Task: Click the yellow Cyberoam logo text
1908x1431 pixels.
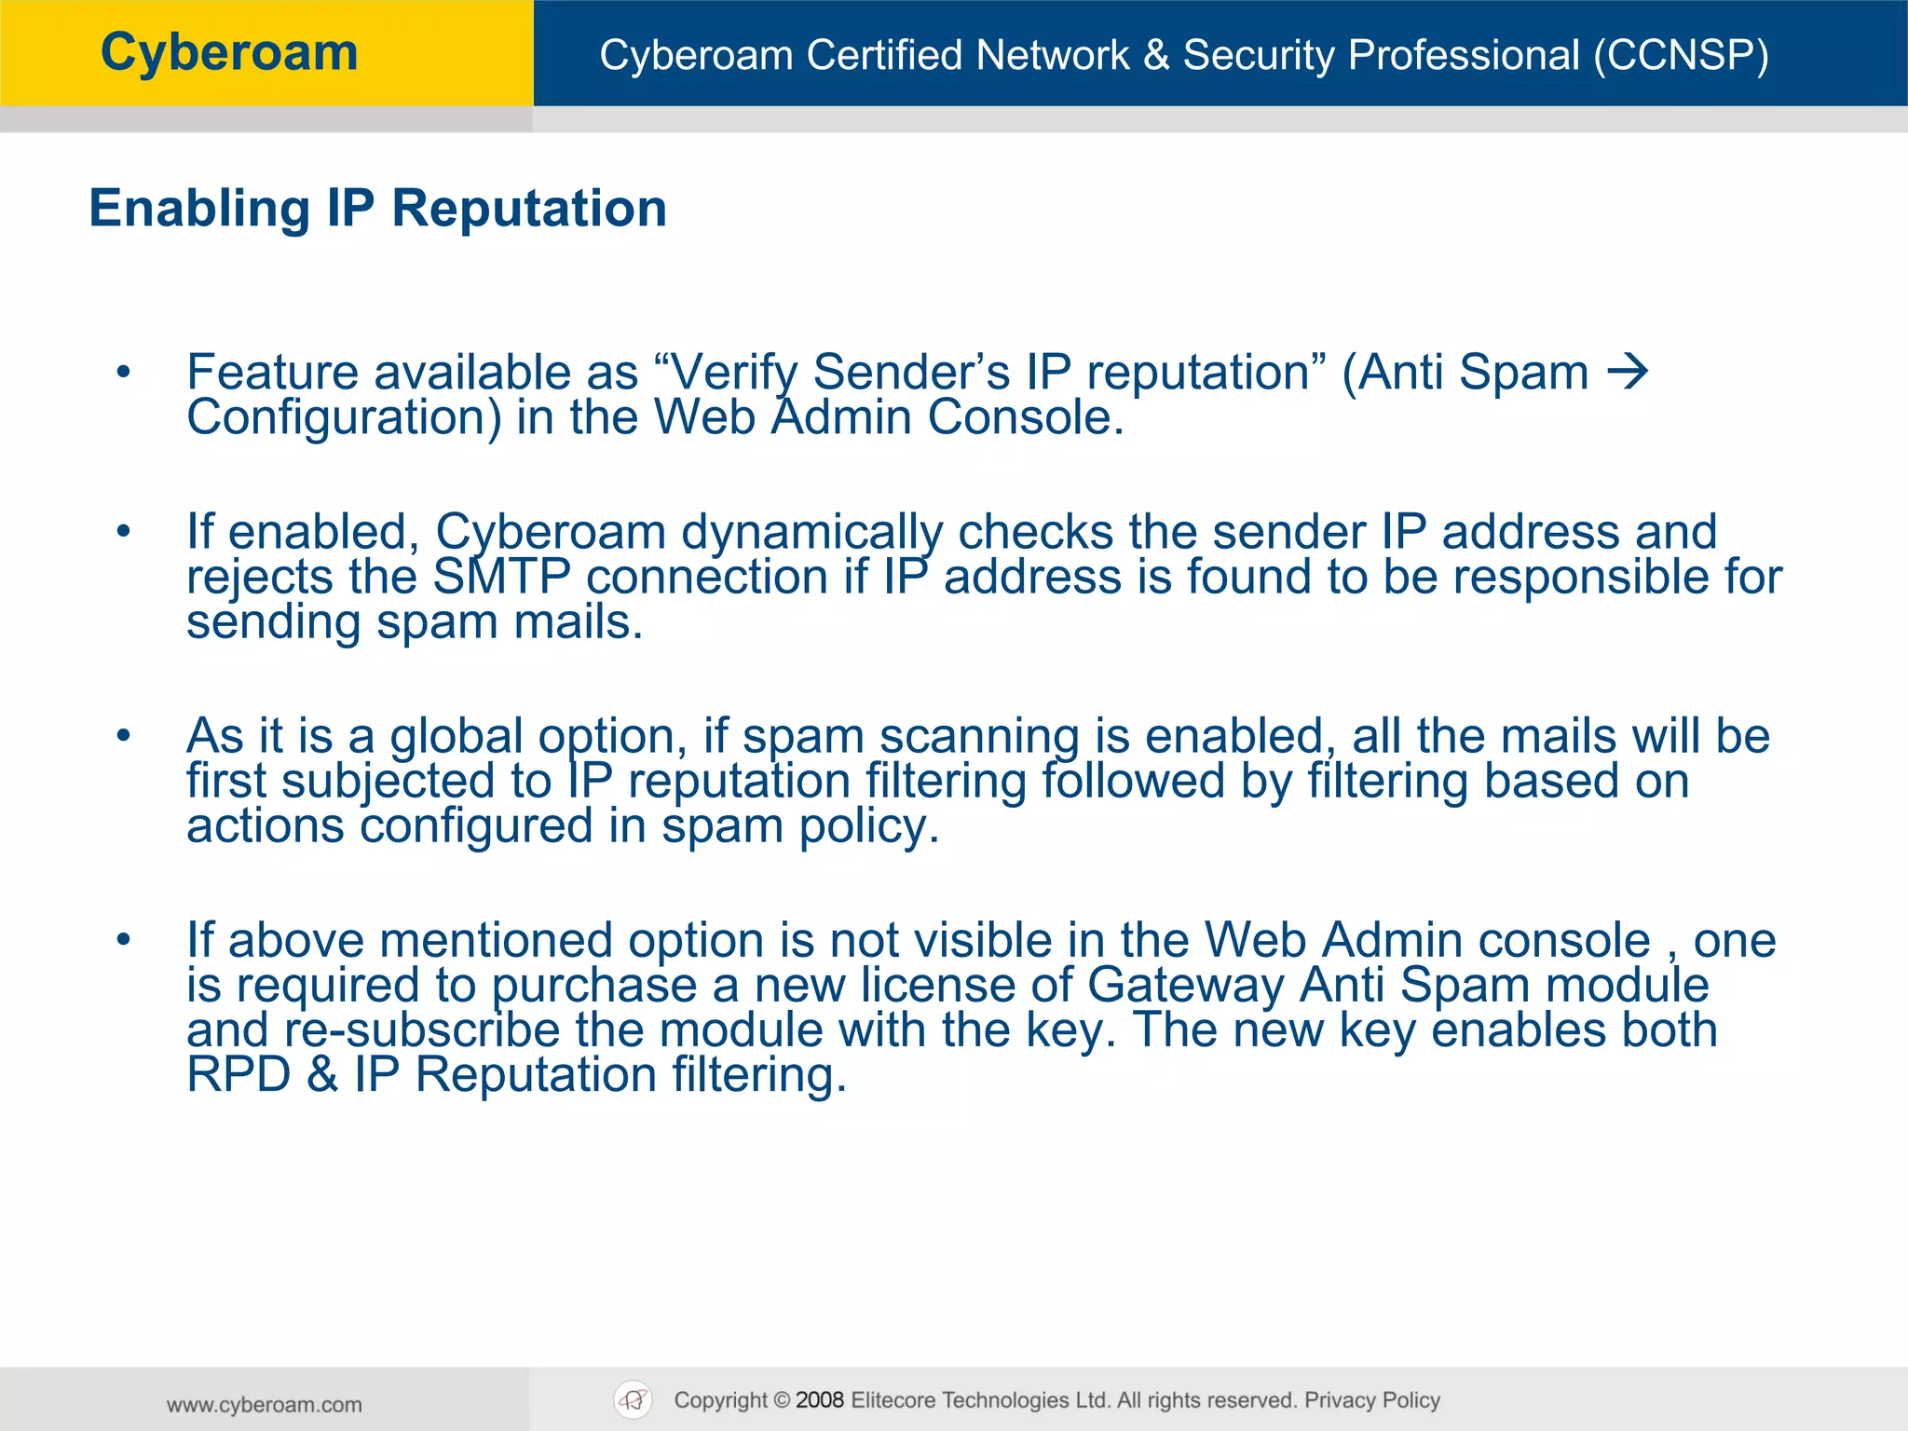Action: [229, 53]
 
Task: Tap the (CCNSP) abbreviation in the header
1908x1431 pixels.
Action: [1681, 55]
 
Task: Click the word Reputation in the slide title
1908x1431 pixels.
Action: [529, 208]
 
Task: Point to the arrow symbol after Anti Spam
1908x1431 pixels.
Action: [1628, 373]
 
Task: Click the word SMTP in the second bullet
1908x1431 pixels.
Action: [501, 577]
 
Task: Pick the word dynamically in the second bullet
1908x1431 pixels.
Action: [811, 533]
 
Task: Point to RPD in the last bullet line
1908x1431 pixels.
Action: [238, 1075]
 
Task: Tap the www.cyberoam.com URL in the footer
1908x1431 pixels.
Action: [265, 1405]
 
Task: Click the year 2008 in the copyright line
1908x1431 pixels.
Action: [820, 1400]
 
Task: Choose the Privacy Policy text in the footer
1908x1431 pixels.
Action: [1372, 1400]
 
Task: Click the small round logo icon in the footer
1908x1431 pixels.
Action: [634, 1400]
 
